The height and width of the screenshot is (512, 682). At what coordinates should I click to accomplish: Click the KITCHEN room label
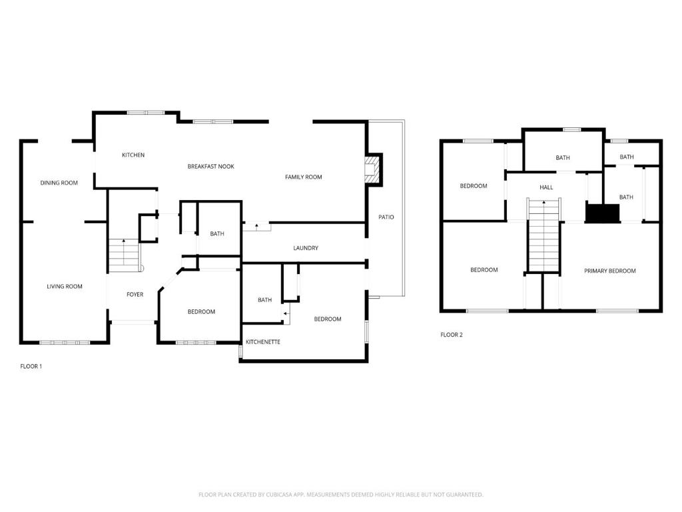coord(133,155)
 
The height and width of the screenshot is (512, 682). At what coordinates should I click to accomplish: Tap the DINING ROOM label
coord(59,183)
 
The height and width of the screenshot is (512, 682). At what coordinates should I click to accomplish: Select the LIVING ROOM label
coord(65,287)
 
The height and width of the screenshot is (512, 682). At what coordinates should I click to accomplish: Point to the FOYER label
coord(135,295)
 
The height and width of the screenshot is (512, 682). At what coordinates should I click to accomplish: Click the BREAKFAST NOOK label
coord(210,167)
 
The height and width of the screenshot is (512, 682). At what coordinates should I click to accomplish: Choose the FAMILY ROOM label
coord(303,177)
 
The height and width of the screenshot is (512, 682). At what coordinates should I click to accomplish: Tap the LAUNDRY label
coord(306,248)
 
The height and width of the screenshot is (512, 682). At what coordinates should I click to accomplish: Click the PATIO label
coord(386,217)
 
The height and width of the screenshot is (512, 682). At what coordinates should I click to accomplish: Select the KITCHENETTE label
coord(262,342)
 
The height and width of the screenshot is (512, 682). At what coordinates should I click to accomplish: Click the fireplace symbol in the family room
coord(374,170)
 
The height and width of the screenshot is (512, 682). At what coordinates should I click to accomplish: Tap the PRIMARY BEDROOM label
coord(609,271)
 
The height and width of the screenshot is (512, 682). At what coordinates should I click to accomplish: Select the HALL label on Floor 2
coord(546,188)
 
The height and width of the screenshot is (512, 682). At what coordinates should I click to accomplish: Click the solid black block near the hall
coord(602,213)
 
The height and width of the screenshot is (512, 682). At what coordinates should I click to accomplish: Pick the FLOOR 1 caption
coord(31,367)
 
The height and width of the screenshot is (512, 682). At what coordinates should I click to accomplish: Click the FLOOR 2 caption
coord(451,335)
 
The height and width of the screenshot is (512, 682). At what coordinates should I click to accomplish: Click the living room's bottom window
coord(65,343)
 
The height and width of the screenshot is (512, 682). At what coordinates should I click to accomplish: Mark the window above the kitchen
coord(146,112)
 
